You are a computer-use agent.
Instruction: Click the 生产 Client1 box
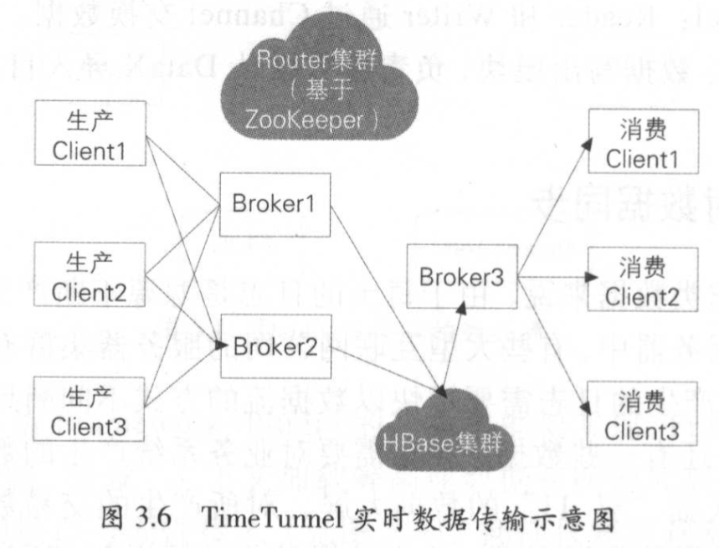click(x=91, y=133)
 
